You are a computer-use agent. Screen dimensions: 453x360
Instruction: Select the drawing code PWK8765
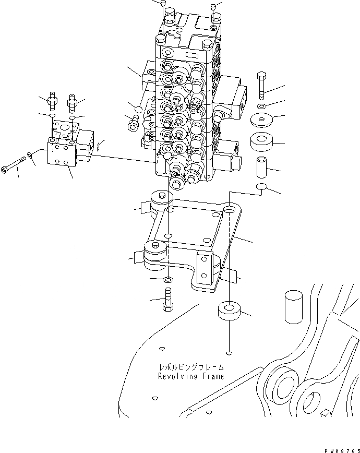338,448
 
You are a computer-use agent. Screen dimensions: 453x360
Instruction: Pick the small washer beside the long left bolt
31,156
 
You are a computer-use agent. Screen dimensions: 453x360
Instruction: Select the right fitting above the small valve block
73,100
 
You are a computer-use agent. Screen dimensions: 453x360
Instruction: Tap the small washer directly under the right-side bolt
262,106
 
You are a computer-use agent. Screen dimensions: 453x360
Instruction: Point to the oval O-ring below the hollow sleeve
262,187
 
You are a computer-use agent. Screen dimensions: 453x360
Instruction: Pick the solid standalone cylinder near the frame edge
294,308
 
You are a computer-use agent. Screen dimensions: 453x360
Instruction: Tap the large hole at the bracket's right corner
230,210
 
